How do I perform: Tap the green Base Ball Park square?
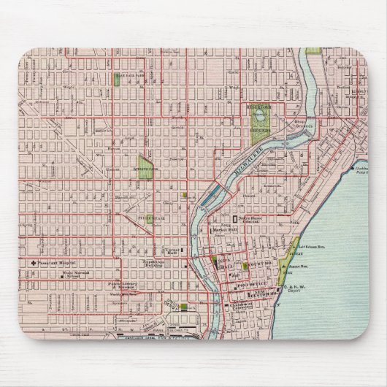118,81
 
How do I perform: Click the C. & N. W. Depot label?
295,292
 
